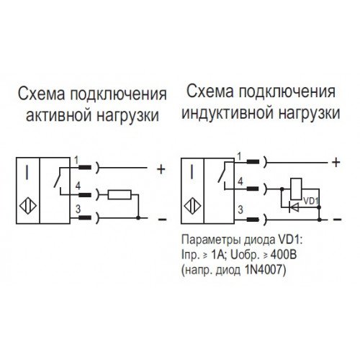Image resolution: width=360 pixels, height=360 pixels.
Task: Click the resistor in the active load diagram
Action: pyautogui.click(x=120, y=194)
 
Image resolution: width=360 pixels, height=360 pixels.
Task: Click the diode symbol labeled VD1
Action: pyautogui.click(x=294, y=207)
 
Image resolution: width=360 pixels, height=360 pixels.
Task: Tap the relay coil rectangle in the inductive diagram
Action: pyautogui.click(x=296, y=189)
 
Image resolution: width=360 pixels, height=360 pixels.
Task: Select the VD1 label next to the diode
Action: pyautogui.click(x=310, y=201)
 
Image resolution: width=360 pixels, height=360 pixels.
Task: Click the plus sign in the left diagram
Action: pyautogui.click(x=161, y=169)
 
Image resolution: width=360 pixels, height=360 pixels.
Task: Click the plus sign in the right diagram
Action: pyautogui.click(x=336, y=163)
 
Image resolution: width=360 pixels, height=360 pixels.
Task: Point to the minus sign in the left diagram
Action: pyautogui.click(x=162, y=219)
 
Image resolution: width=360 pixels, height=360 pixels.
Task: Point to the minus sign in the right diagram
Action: pyautogui.click(x=337, y=219)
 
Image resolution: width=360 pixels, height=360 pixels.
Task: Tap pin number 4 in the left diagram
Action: pyautogui.click(x=78, y=186)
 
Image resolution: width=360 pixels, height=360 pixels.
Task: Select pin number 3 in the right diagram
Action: pyautogui.click(x=240, y=210)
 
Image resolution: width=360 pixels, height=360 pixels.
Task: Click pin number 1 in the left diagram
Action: pyautogui.click(x=76, y=160)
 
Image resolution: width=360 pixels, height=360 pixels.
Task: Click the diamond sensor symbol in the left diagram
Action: pyautogui.click(x=28, y=206)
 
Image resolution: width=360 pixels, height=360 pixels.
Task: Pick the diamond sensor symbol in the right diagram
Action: pyautogui.click(x=192, y=207)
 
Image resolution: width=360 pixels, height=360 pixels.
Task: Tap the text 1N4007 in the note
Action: pyautogui.click(x=266, y=271)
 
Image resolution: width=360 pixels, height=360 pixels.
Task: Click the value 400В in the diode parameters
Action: pyautogui.click(x=284, y=255)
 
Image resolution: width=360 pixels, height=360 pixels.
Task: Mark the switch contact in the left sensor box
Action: pyautogui.click(x=58, y=177)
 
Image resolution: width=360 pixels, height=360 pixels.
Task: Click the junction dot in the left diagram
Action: pyautogui.click(x=138, y=217)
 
